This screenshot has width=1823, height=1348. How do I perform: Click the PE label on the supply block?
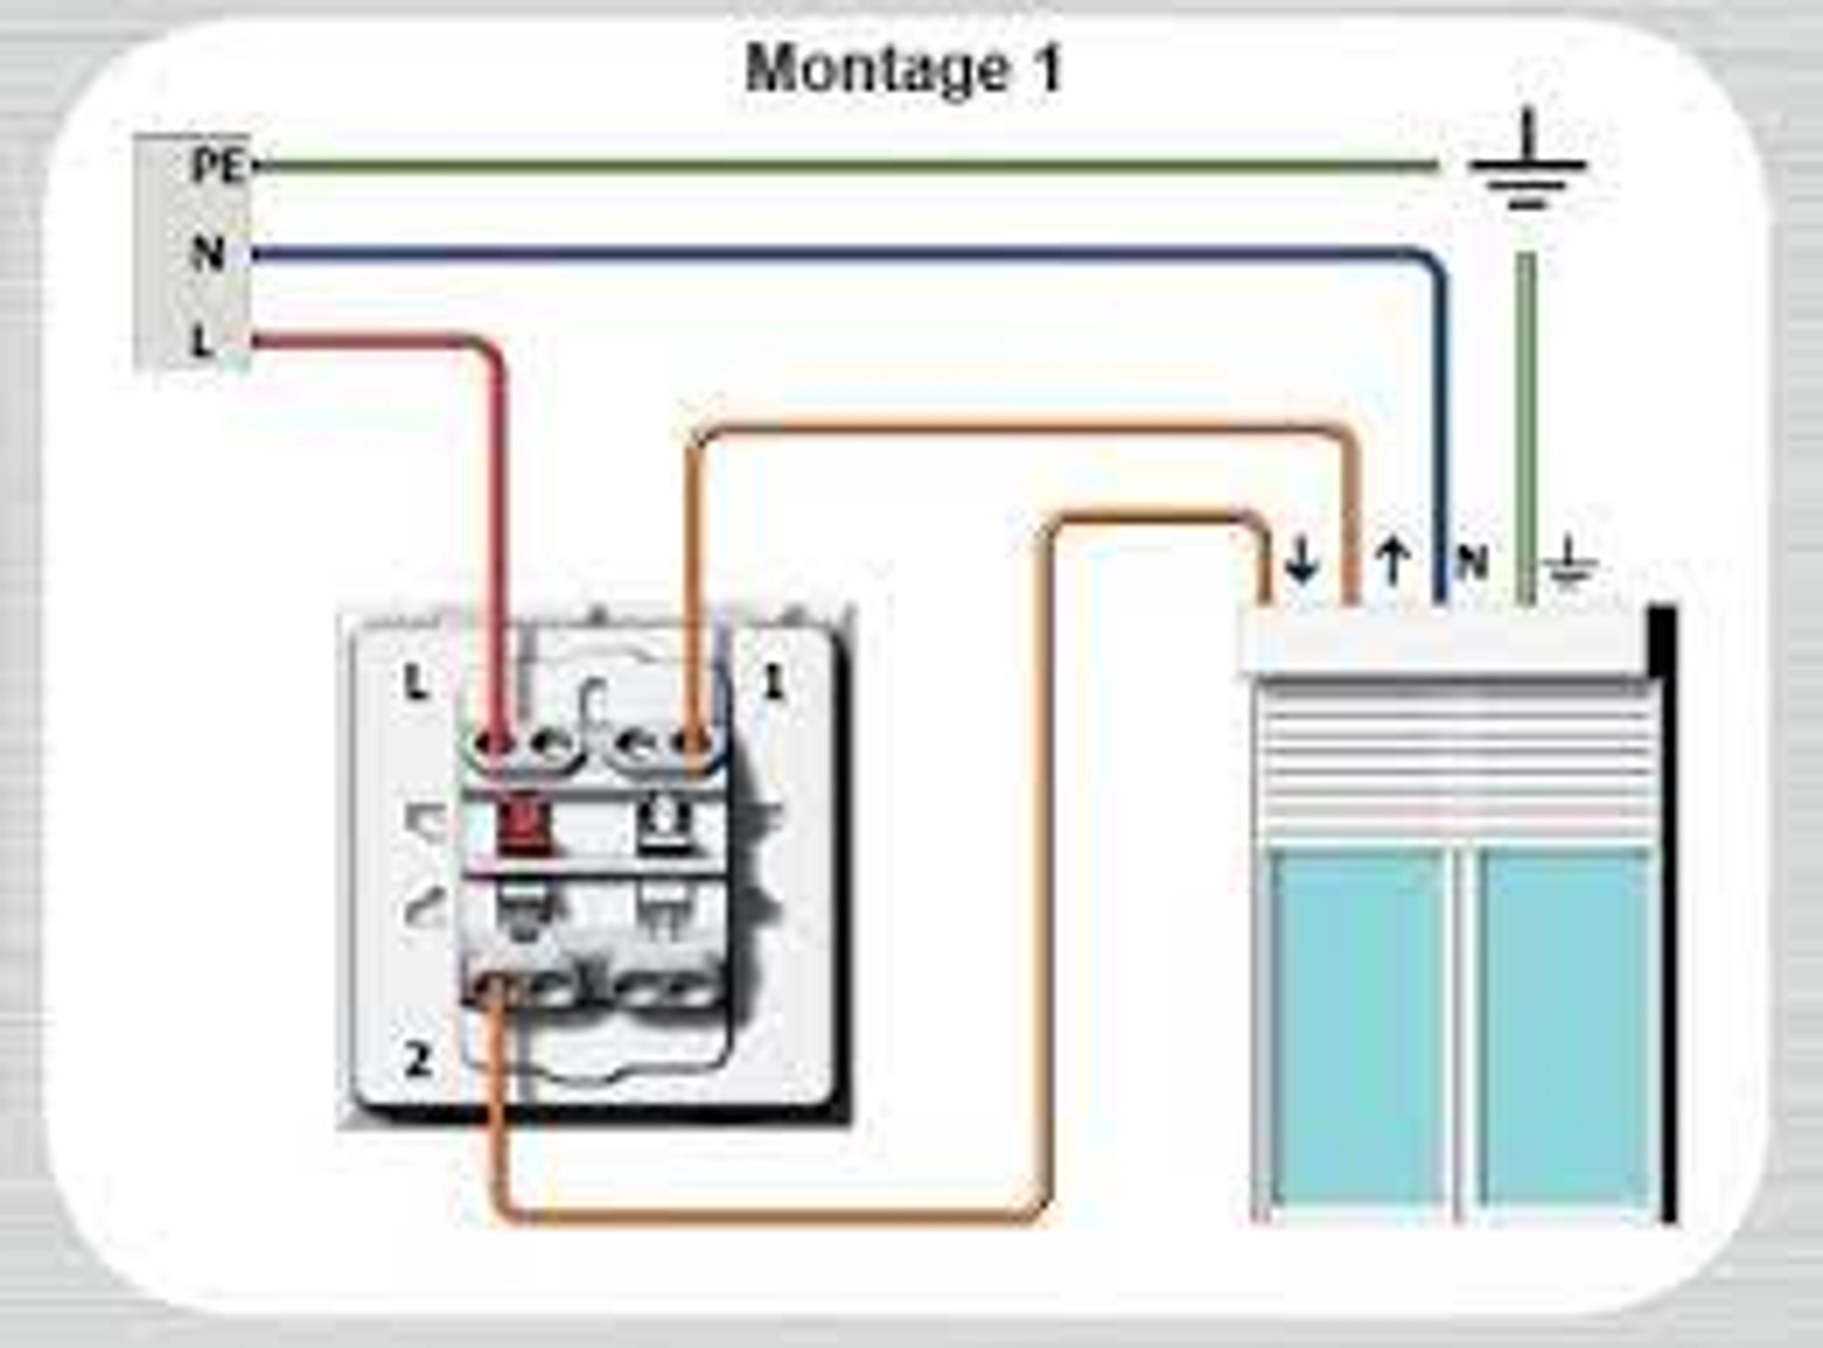click(x=216, y=167)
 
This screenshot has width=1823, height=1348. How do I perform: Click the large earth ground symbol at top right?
click(x=1526, y=167)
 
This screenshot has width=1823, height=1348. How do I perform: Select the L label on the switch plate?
click(x=416, y=684)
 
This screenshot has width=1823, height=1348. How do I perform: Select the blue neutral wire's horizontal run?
click(x=816, y=254)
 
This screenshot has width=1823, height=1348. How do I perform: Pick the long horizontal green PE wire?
click(x=816, y=167)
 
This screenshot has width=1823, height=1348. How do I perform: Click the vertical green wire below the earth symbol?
click(x=1526, y=408)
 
